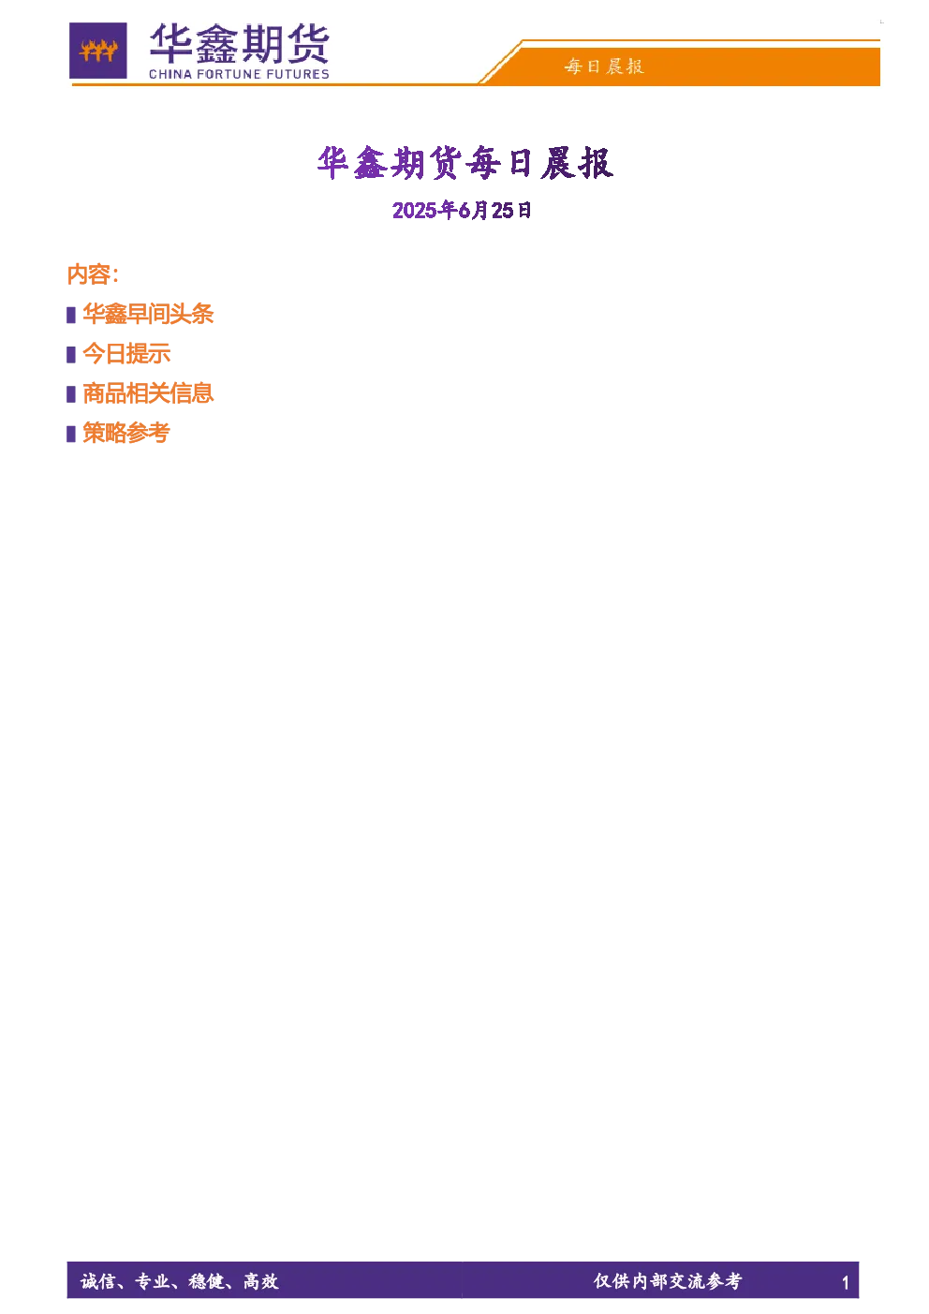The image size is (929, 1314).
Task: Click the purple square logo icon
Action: coord(98,51)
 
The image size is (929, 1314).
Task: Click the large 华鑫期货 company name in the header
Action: coord(240,44)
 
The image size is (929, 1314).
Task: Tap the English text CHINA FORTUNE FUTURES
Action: coord(240,74)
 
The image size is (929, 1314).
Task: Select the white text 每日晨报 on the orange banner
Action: coord(604,66)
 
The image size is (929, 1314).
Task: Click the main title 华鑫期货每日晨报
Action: coord(465,162)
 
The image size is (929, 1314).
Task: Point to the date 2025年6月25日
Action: coord(462,210)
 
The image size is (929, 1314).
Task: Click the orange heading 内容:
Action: coord(93,274)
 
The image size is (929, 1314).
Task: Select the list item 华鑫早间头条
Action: coord(148,314)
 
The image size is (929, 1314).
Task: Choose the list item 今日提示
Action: coord(126,354)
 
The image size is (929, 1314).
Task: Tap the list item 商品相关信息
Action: coord(148,393)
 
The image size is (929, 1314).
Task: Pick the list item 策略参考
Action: coord(126,433)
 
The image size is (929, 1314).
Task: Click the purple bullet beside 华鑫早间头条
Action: coord(71,315)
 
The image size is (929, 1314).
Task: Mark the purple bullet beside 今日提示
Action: coord(71,355)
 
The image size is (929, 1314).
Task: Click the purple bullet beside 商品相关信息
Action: coord(71,394)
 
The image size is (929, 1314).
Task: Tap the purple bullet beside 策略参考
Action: coord(71,434)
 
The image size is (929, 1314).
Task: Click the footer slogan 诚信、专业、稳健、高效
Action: coord(180,1281)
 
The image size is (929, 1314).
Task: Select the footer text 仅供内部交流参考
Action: coord(668,1280)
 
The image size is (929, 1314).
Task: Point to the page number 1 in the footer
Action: coord(845,1283)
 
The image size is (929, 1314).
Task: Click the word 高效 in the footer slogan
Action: coord(261,1281)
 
